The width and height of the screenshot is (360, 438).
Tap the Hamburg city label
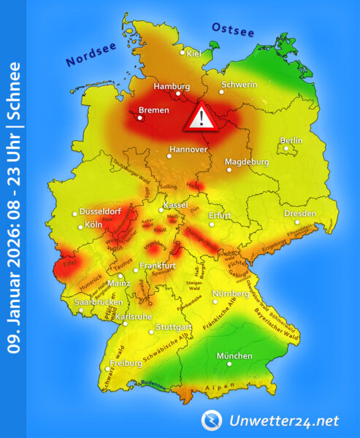point(171,86)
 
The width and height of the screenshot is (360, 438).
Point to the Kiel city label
point(194,53)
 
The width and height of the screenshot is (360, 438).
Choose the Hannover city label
point(188,150)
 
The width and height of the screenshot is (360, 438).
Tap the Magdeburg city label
point(247,161)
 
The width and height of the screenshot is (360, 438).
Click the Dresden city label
point(300,214)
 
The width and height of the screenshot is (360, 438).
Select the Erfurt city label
point(220,215)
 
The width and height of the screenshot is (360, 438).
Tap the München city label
point(234,356)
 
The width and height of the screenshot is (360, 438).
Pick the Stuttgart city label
point(173,328)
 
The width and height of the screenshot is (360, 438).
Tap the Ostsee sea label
point(232,28)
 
